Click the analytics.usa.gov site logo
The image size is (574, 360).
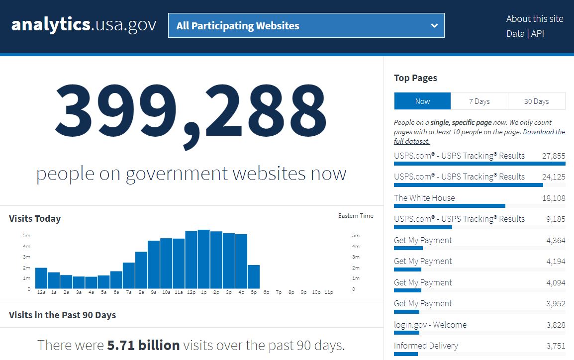84,25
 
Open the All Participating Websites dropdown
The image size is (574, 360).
306,25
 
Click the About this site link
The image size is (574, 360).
535,19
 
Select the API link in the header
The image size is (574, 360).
538,34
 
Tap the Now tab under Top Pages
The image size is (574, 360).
422,101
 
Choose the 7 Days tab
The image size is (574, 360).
479,101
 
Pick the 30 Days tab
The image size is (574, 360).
536,101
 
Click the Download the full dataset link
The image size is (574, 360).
544,132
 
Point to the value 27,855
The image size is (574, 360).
554,156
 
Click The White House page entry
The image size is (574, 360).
424,198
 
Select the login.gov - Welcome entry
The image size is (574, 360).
430,325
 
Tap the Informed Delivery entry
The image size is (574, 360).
426,346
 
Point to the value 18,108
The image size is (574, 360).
554,198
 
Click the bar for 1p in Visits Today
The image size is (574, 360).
203,259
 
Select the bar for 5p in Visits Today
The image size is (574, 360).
254,276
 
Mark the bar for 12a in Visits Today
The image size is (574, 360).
41,278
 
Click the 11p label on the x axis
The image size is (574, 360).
328,292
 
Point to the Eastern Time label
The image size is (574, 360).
356,216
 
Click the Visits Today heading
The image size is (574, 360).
35,219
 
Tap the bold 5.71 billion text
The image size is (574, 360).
143,345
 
